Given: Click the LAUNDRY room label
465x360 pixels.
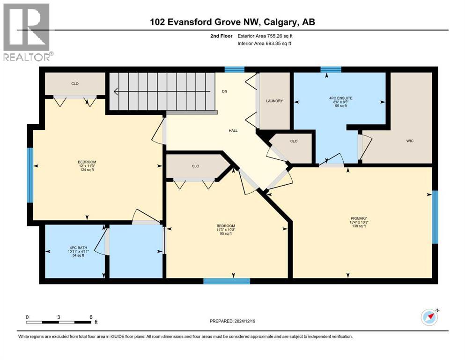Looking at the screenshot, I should (274, 101).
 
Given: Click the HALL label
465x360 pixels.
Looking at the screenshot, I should (233, 131).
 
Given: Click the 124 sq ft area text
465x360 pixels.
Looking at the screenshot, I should (87, 170).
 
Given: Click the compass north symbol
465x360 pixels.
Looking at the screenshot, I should (429, 317).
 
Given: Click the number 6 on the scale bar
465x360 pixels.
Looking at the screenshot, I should (90, 317).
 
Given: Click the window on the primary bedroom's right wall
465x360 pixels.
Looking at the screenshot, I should (435, 217).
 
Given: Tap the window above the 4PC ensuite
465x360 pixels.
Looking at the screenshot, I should (331, 70).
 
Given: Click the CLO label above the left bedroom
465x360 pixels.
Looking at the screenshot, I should (75, 84).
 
